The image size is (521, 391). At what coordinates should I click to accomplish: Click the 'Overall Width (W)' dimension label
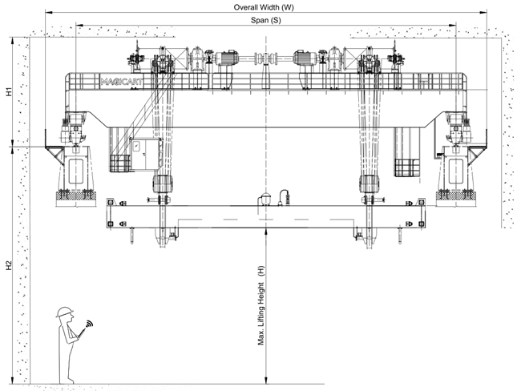[264, 7]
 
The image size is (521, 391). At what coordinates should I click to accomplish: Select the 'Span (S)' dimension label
[265, 20]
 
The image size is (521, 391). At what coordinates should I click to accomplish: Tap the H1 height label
[9, 91]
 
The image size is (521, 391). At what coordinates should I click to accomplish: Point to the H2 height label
[9, 265]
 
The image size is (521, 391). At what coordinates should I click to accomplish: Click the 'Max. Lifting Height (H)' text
[261, 305]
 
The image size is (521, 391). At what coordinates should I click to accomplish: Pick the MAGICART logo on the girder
[122, 82]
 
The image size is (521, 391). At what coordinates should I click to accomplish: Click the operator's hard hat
[64, 312]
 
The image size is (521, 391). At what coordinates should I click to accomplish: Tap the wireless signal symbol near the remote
[90, 323]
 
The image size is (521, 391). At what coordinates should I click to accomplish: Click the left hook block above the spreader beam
[163, 183]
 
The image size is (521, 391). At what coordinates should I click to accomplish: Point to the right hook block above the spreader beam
[370, 183]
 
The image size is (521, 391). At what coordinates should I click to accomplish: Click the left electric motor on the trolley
[226, 58]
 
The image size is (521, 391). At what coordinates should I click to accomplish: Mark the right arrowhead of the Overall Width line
[483, 12]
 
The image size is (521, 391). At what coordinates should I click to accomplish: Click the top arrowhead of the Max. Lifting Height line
[266, 232]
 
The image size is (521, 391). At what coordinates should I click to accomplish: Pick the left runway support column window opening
[76, 171]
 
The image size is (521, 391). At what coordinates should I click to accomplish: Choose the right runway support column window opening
[456, 171]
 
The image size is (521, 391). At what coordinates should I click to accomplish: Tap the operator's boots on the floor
[67, 381]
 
